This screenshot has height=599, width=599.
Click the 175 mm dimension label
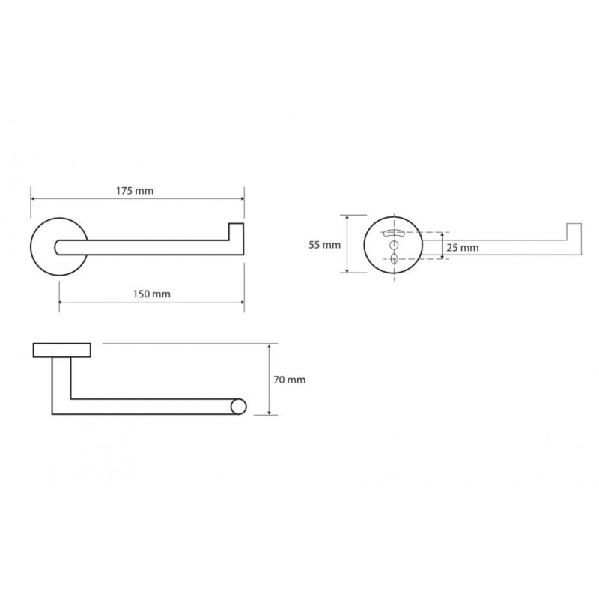135,191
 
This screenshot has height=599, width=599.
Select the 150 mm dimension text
152,294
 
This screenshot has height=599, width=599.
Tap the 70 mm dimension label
290,380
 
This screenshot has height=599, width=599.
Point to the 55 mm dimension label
325,245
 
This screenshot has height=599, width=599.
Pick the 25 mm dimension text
463,248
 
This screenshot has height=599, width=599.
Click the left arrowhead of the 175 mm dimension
33,198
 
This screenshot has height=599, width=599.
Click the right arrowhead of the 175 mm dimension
241,198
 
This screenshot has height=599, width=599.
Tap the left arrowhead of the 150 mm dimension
61,302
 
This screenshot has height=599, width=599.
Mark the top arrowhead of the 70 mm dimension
270,347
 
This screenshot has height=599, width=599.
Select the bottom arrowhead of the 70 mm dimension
270,412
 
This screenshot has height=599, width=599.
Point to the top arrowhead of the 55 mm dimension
347,218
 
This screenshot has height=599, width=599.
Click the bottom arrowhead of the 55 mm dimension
347,270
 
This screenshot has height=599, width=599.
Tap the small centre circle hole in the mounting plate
394,245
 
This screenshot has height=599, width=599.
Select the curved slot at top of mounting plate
394,233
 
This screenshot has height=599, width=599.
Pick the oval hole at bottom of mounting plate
394,259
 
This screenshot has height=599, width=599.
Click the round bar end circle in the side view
238,407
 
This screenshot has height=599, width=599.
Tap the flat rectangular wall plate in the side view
62,350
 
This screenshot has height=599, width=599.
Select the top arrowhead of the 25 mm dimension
442,234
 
